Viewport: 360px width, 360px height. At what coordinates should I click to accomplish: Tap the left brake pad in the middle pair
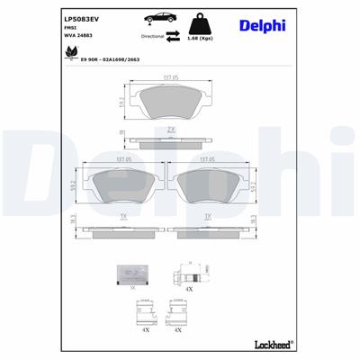coord(122,184)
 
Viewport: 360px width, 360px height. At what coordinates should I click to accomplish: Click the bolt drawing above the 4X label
coord(188,272)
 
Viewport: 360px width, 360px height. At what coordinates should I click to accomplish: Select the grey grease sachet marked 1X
coord(132,274)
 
